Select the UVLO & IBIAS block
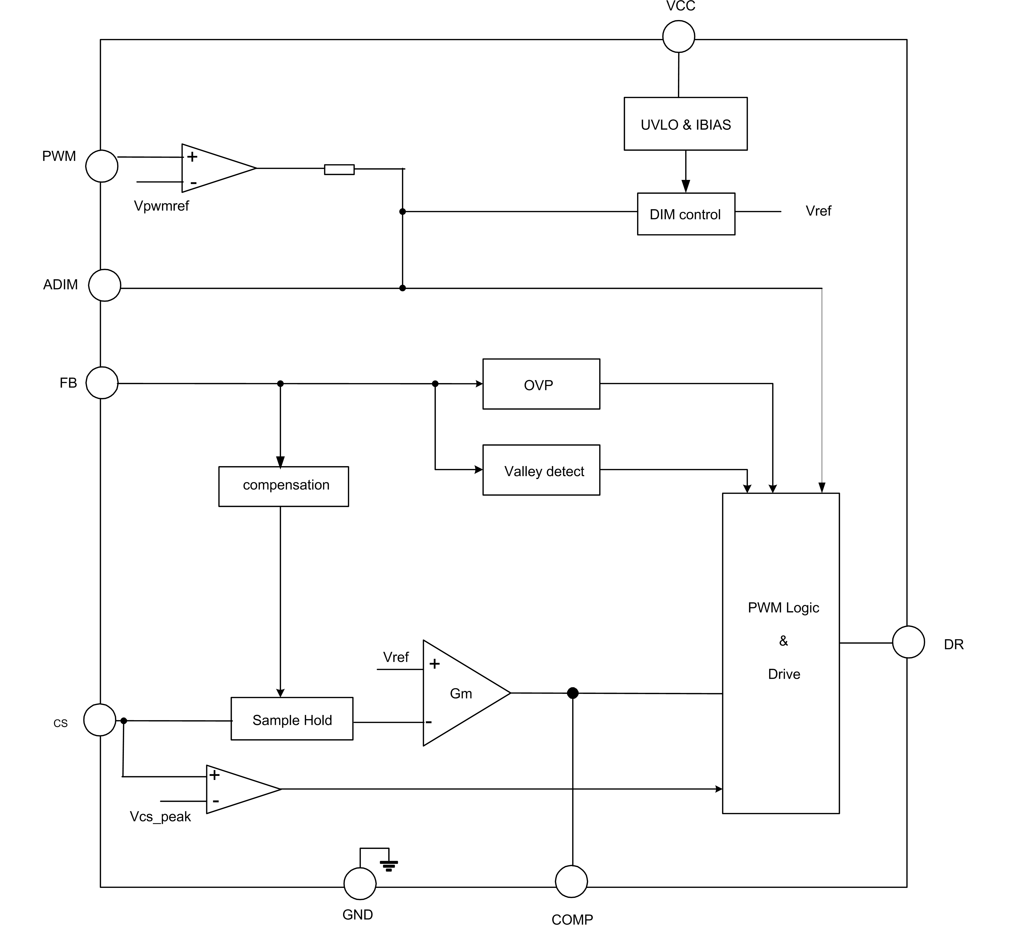point(685,124)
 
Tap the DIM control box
point(686,214)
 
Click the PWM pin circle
point(102,166)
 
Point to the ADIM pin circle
point(105,285)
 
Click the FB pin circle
point(102,383)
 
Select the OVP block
point(541,384)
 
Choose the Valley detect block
point(541,470)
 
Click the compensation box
point(284,486)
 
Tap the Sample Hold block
point(292,719)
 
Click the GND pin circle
point(360,884)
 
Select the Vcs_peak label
point(160,817)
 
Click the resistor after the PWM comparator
point(339,170)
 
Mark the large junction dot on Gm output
point(572,693)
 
